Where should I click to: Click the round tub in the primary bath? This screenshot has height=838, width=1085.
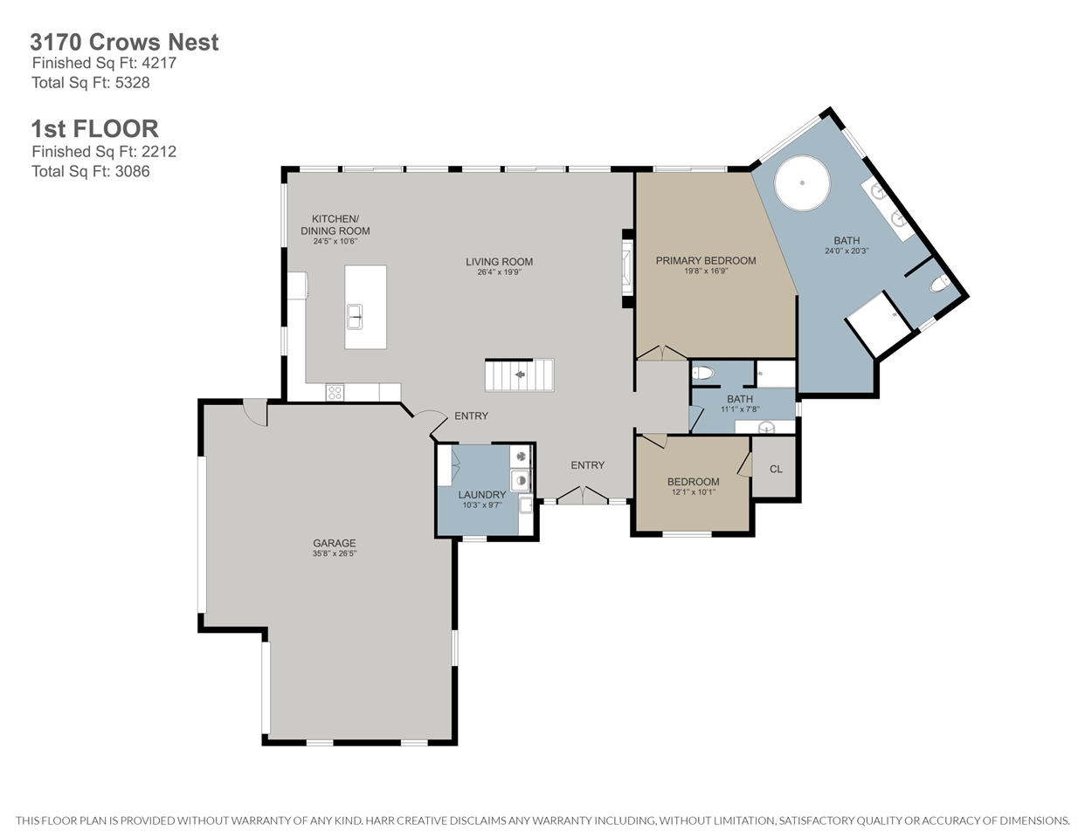(802, 183)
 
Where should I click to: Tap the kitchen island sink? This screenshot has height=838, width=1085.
(355, 316)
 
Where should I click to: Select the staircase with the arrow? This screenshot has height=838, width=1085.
(519, 374)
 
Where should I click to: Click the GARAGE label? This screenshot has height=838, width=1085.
(335, 543)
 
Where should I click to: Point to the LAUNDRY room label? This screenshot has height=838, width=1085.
(482, 494)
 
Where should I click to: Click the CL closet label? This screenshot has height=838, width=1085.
(776, 469)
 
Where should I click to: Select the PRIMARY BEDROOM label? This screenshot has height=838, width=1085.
(706, 260)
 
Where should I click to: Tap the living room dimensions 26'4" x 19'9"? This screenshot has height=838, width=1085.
(500, 272)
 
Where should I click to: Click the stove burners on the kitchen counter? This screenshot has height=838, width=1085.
(335, 392)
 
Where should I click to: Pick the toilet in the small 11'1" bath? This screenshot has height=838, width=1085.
(703, 373)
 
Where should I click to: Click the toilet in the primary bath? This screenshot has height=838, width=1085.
(939, 284)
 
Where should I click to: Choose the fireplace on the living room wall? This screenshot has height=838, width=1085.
(627, 269)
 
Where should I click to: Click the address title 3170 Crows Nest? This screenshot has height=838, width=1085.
(124, 42)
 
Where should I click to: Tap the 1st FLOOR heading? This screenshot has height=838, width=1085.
(95, 128)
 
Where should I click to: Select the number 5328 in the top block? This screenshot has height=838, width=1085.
(132, 82)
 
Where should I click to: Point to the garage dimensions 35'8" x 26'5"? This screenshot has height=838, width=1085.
(335, 553)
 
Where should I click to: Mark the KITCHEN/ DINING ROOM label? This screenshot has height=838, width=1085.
(335, 224)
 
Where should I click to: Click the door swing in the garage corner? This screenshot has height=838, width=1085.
(256, 413)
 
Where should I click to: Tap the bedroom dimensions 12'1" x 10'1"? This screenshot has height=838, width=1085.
(694, 492)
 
